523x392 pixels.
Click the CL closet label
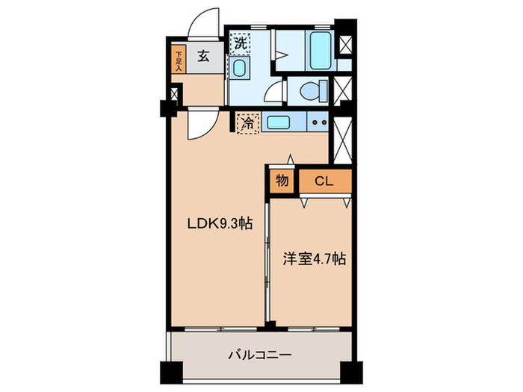[x=324, y=181]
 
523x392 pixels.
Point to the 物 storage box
[x=282, y=181]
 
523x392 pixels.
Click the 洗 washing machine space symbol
[x=239, y=43]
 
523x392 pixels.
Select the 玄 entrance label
[x=203, y=55]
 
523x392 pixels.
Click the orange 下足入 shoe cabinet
[x=179, y=60]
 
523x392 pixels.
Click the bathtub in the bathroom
[x=320, y=50]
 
